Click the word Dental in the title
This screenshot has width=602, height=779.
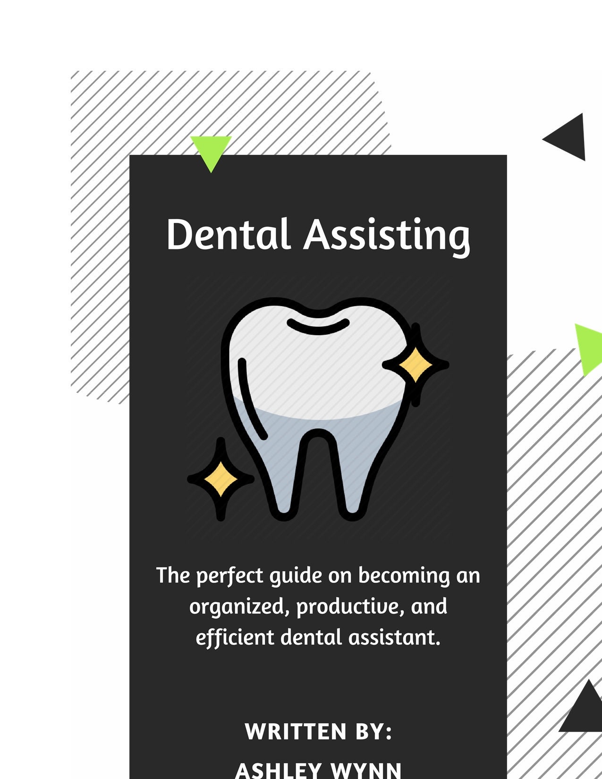coord(228,234)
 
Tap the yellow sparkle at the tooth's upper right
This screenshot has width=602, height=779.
coord(415,364)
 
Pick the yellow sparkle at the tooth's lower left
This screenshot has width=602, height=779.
coord(220,479)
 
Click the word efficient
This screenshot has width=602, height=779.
coord(235,638)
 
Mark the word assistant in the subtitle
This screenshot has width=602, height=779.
coord(394,638)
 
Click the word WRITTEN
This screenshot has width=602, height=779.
coord(296,731)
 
